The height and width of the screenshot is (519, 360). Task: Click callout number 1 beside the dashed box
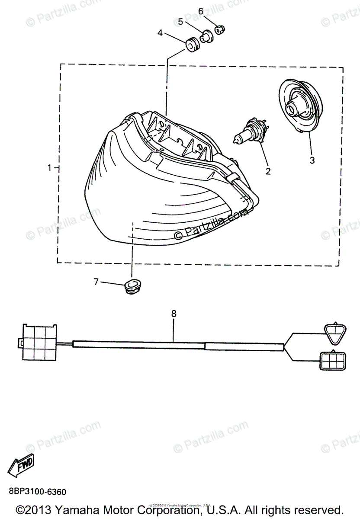click(x=50, y=167)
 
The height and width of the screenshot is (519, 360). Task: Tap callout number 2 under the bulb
click(x=268, y=171)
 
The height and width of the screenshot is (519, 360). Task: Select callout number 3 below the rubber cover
click(x=312, y=160)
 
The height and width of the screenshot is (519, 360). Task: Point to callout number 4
click(x=160, y=33)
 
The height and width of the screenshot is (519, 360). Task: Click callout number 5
click(x=181, y=21)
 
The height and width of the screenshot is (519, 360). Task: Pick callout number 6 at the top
click(x=201, y=10)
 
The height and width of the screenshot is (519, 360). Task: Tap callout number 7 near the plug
click(x=96, y=282)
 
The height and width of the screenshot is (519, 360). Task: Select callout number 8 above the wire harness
click(x=174, y=314)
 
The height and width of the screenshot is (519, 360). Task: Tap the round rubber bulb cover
click(x=300, y=106)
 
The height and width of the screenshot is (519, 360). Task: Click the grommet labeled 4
click(x=191, y=44)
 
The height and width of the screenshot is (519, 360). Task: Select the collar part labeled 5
click(x=206, y=35)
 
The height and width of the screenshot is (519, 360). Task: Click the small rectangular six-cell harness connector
click(x=332, y=360)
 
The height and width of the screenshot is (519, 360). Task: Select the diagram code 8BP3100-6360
click(x=37, y=492)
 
